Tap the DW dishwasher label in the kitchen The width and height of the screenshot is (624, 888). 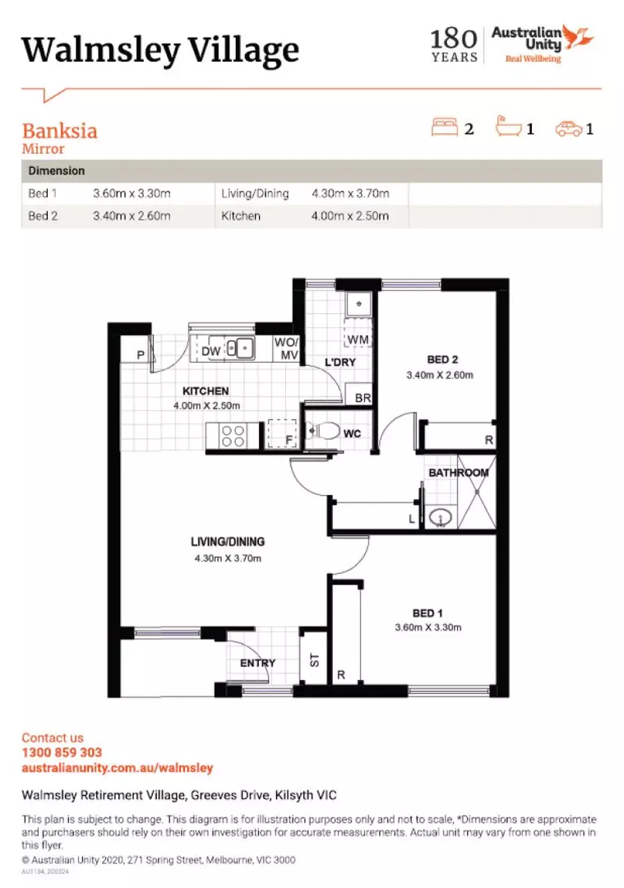[210, 351]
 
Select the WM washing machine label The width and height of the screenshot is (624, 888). [358, 340]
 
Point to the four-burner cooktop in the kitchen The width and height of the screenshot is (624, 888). [233, 435]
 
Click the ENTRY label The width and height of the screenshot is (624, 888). [257, 664]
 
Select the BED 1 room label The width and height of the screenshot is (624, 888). [428, 613]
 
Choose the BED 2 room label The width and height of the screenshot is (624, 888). [442, 359]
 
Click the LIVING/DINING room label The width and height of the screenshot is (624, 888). [228, 542]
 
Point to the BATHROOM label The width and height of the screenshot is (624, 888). [458, 473]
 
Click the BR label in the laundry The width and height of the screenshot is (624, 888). [361, 398]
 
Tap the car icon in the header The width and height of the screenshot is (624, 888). [568, 128]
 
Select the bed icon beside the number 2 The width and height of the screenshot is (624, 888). [445, 127]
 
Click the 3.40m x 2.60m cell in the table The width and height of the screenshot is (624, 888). [132, 216]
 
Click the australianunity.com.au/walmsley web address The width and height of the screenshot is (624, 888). [117, 768]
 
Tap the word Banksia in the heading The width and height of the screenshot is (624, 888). [59, 132]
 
